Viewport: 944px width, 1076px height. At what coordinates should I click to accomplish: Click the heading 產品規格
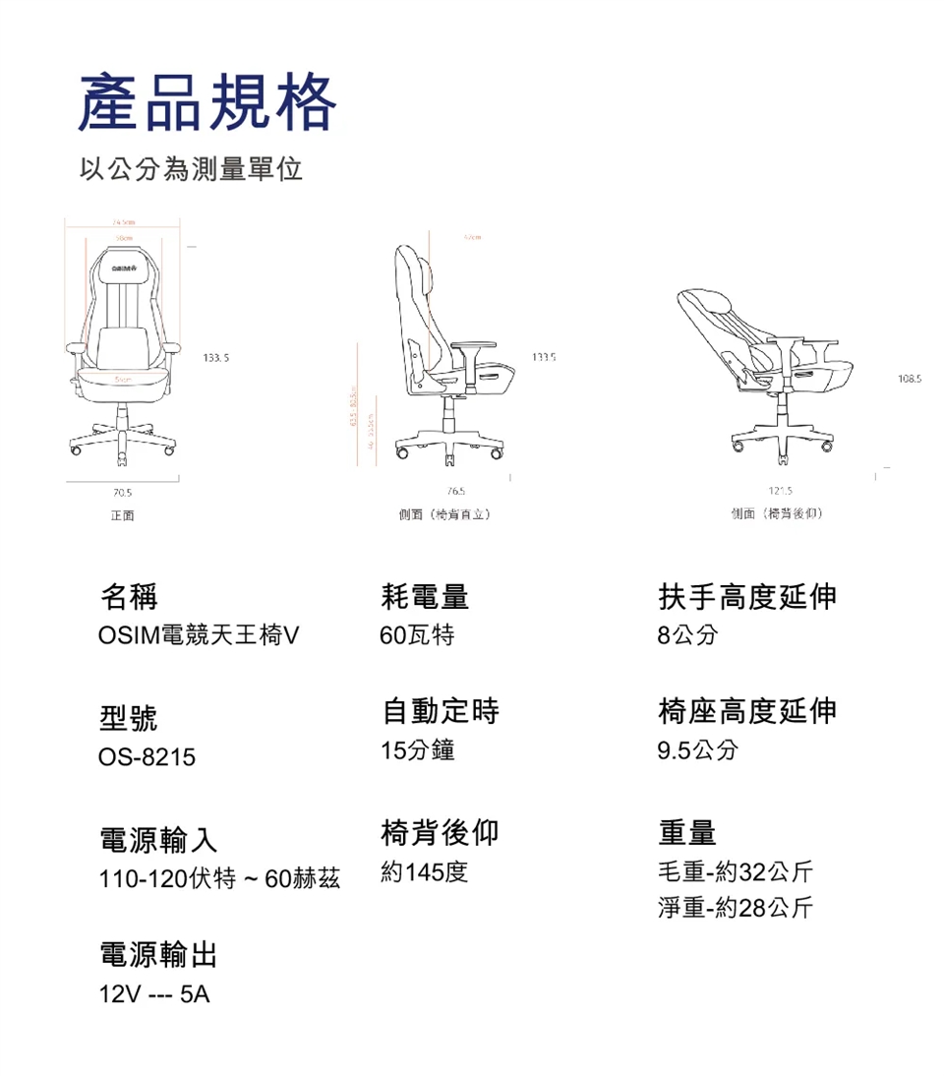click(207, 103)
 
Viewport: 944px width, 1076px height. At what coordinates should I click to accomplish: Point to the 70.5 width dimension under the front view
click(123, 492)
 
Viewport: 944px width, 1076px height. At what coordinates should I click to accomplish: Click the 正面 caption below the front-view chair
click(123, 514)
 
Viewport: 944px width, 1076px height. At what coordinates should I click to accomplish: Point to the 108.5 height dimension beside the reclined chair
click(910, 377)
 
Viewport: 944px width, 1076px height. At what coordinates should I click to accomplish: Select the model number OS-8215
click(147, 758)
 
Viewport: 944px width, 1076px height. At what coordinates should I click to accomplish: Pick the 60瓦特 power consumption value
click(417, 636)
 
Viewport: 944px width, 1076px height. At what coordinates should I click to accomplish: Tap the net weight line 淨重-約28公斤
click(736, 907)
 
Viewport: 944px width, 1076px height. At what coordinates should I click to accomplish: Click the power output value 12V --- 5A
click(154, 995)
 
